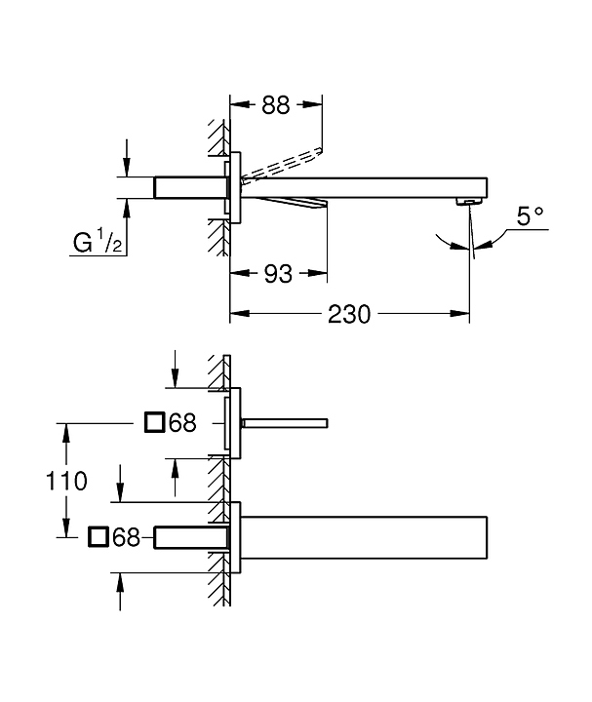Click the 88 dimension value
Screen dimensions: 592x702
click(276, 104)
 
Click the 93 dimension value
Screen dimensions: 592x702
click(278, 274)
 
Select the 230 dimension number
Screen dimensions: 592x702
click(349, 314)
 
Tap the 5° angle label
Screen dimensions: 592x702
click(531, 215)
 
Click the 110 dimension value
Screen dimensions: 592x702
click(66, 482)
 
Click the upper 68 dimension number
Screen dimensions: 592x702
click(182, 422)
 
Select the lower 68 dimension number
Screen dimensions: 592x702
click(126, 537)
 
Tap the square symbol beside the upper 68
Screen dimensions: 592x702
click(155, 422)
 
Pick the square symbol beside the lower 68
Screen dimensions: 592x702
click(99, 537)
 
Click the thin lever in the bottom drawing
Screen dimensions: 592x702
click(285, 423)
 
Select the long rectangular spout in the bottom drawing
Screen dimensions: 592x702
click(364, 537)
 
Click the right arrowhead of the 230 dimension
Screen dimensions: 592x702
click(460, 314)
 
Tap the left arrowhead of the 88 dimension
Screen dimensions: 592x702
click(240, 104)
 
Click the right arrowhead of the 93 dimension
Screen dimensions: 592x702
click(317, 273)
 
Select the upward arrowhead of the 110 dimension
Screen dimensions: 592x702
click(66, 433)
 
